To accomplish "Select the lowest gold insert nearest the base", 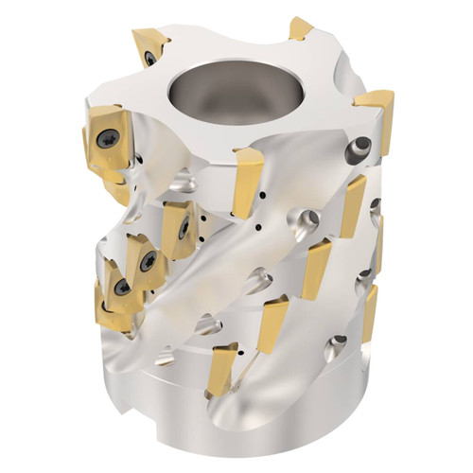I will tap(226, 367).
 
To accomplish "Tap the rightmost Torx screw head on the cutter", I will tap(183, 227).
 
